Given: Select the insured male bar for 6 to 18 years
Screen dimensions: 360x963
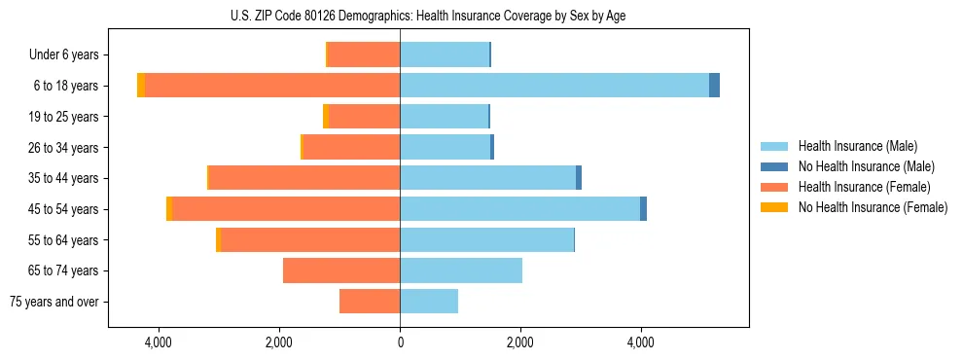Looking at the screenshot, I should (x=554, y=86).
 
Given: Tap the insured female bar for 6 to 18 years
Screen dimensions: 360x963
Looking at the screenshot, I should (x=272, y=86).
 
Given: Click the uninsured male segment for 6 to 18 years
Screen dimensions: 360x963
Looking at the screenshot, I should (x=714, y=86).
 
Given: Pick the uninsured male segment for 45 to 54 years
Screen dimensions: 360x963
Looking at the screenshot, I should (x=643, y=209).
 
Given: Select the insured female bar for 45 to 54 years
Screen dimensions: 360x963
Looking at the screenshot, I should (x=286, y=209).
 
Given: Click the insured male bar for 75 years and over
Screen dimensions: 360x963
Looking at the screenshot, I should (x=429, y=302).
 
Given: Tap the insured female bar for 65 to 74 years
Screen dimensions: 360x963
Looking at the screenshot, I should (x=341, y=270).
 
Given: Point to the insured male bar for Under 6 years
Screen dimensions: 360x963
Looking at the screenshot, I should (x=445, y=54).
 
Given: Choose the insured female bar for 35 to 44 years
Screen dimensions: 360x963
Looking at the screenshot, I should (x=304, y=178).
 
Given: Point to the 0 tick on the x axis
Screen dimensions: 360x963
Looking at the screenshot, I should (x=400, y=342).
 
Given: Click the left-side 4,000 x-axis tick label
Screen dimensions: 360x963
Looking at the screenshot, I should (x=158, y=342).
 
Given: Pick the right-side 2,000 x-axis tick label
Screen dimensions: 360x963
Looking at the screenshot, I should (x=520, y=342).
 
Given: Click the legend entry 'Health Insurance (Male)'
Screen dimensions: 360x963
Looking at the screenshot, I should (x=857, y=146).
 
